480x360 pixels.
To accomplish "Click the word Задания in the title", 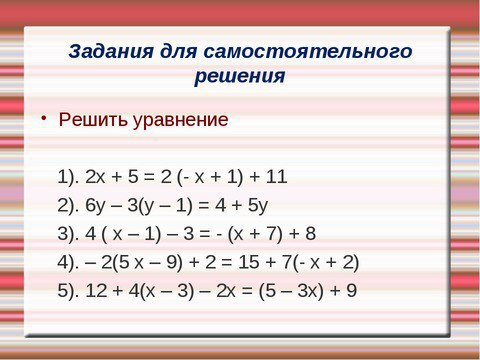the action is [111, 52].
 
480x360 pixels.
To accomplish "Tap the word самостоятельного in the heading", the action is [308, 52].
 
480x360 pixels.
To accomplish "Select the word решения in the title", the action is [240, 76].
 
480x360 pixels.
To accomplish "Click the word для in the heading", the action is [178, 52].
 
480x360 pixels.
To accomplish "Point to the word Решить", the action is [93, 119].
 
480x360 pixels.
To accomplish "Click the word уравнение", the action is [181, 120].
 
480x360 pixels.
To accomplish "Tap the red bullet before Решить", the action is [43, 118].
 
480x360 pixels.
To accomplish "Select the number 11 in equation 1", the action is [276, 177].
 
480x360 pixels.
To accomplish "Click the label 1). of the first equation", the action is [68, 177].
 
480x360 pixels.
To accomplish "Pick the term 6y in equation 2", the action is [95, 206].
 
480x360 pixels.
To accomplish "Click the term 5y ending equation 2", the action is [257, 206].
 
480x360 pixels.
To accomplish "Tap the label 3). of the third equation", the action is [68, 234].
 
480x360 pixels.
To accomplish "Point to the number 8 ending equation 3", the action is [310, 234].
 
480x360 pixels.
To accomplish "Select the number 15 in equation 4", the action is [249, 262].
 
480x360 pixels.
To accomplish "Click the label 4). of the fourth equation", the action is [68, 263].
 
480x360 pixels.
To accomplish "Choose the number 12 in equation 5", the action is [96, 291].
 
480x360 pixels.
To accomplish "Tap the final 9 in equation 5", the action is [351, 291].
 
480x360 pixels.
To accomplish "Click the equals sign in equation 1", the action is [149, 177].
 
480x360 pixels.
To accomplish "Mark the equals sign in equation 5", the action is [247, 291].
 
